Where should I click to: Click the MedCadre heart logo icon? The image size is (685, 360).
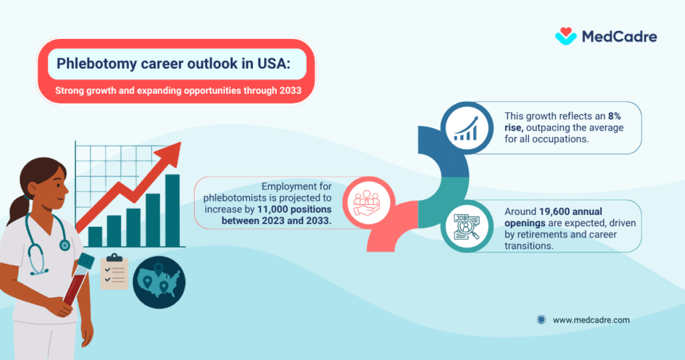pos(566,35)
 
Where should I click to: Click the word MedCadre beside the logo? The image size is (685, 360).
pos(619,36)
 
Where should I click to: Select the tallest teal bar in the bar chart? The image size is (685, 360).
pos(172,210)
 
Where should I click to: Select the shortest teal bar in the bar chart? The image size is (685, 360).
pos(95,236)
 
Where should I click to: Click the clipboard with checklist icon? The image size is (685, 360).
pos(114,272)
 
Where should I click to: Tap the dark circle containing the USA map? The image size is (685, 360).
pos(159,283)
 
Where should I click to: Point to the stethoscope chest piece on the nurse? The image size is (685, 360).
pos(64,245)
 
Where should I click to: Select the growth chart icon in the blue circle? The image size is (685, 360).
pos(467,127)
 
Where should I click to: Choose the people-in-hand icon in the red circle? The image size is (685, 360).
pos(366,201)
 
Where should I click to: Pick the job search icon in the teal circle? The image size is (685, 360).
pos(466,227)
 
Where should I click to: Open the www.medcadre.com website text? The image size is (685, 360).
pos(591,320)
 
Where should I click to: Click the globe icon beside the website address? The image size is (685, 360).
pos(541,320)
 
